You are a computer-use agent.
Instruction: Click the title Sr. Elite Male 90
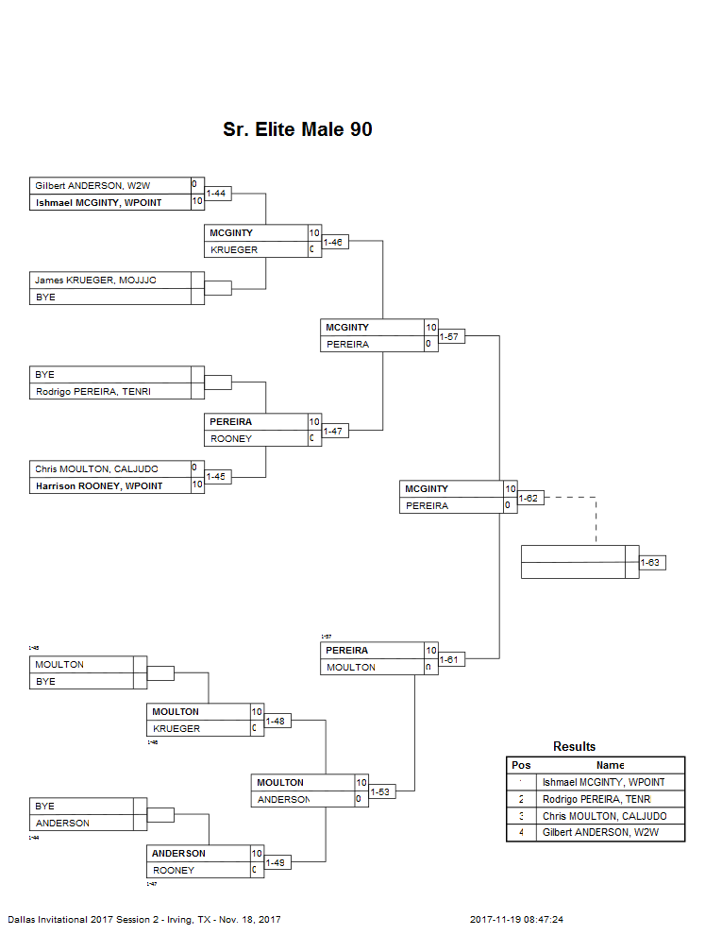point(297,129)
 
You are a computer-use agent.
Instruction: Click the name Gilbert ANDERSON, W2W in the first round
point(92,185)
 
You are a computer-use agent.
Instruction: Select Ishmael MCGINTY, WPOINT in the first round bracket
point(98,202)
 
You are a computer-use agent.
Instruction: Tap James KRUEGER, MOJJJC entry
point(95,280)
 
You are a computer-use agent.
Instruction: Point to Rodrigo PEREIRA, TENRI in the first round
point(92,391)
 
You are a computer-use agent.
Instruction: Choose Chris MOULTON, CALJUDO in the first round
point(96,468)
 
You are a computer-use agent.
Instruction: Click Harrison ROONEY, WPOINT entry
point(98,485)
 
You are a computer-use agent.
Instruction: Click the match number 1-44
point(218,193)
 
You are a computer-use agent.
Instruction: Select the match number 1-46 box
point(334,242)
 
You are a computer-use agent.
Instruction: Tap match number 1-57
point(451,336)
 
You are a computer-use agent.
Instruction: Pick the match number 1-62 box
point(530,498)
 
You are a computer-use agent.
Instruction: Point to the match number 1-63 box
point(651,562)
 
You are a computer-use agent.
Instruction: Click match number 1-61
point(451,659)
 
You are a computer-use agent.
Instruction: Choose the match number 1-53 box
point(381,791)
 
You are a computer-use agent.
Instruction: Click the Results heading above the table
point(575,746)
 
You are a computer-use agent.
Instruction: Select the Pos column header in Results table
point(521,765)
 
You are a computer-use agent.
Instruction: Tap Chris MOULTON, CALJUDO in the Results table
point(605,816)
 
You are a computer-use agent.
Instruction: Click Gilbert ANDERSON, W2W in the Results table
point(600,833)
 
